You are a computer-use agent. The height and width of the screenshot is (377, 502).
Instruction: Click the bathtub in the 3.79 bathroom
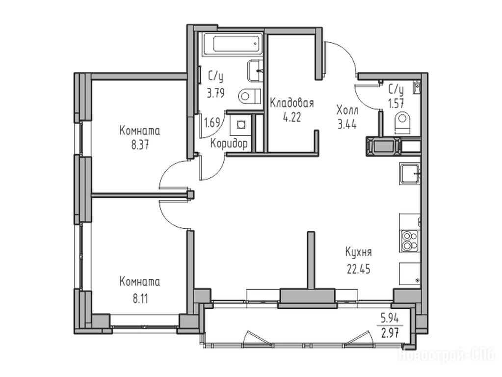point(234,44)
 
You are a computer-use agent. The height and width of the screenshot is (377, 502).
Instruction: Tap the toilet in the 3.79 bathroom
point(250,95)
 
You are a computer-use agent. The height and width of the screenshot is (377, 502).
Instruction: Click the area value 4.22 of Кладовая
point(291,117)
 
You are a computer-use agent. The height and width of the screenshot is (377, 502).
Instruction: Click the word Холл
point(347,110)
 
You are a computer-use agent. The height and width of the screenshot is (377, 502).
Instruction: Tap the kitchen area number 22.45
point(359,269)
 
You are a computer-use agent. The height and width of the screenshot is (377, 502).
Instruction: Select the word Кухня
point(359,252)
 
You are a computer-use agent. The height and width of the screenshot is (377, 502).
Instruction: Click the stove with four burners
point(410,241)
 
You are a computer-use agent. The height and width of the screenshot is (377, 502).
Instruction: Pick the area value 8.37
point(140,146)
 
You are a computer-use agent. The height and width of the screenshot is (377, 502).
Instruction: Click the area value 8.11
point(140,298)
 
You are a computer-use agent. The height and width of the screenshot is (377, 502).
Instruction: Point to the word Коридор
point(229,144)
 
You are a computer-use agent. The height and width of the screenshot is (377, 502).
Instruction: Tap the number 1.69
point(212,123)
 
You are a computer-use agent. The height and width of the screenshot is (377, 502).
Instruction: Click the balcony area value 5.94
point(390,319)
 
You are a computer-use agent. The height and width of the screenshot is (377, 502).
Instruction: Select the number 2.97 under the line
point(390,333)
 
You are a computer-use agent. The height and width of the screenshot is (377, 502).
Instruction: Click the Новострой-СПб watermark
point(446,355)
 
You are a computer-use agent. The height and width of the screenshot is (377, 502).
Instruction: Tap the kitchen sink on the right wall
point(409,174)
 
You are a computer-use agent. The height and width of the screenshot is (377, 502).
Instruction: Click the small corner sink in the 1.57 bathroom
point(417,87)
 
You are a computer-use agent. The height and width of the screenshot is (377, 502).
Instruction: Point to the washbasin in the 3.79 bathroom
point(256,71)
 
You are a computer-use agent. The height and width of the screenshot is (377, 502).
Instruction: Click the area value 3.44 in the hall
point(347,124)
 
